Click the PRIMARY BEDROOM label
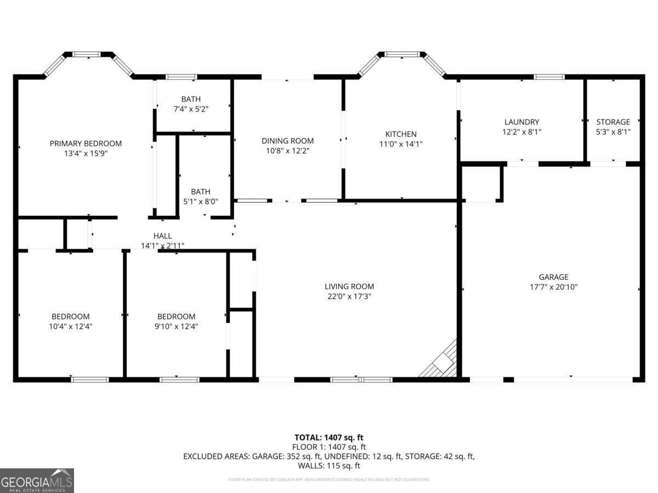tap(86, 144)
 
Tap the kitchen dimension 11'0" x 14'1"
tap(401, 144)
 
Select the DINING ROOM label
tap(287, 141)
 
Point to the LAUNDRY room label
tap(521, 122)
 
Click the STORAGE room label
tap(613, 122)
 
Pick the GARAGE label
tap(553, 277)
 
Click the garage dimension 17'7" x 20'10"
tap(553, 286)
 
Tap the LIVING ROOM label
tap(349, 286)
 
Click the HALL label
tap(162, 236)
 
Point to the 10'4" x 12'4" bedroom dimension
tap(70, 326)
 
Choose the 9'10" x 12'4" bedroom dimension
tap(176, 326)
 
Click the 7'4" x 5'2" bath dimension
tap(191, 109)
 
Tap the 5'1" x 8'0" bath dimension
tap(200, 201)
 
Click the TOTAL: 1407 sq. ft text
tap(328, 438)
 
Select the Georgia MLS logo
tap(37, 481)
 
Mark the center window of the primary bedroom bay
tap(87, 54)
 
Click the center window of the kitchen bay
tap(402, 54)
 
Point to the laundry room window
tap(549, 77)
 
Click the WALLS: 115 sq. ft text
tap(328, 466)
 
